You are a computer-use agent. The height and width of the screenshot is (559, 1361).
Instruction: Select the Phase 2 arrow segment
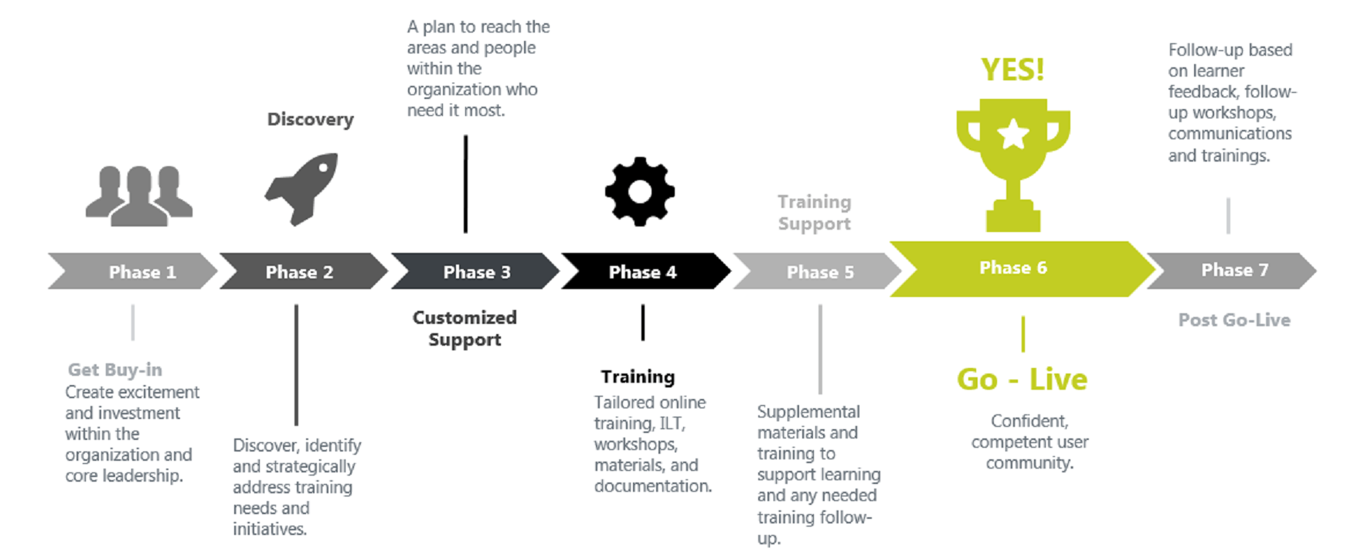pos(301,271)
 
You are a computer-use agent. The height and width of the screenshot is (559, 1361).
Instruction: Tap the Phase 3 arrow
pos(475,271)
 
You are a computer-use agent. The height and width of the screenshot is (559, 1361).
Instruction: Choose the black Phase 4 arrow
pos(643,271)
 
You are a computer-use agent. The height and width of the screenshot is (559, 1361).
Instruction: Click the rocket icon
pos(302,188)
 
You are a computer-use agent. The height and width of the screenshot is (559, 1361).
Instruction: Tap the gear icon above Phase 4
pos(639,191)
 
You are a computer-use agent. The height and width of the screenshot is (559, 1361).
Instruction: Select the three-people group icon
pos(139,195)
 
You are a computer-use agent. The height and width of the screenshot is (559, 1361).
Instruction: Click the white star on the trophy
pos(1013,135)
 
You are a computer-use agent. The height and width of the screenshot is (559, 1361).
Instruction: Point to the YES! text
pos(1012,70)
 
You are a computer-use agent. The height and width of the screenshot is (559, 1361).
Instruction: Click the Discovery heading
pos(310,119)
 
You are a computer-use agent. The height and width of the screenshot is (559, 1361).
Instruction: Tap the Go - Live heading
pos(1022,379)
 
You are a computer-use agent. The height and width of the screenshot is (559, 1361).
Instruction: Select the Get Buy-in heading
pos(114,370)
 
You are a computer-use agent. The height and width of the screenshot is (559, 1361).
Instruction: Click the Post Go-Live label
pos(1233,319)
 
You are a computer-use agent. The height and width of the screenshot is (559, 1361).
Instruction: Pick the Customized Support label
pos(464,328)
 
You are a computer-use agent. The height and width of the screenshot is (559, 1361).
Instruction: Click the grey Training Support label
pos(814,213)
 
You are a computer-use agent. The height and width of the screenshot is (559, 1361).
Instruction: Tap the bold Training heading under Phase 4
pos(638,377)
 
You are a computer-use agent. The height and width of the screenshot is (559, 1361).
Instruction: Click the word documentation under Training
pos(652,486)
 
